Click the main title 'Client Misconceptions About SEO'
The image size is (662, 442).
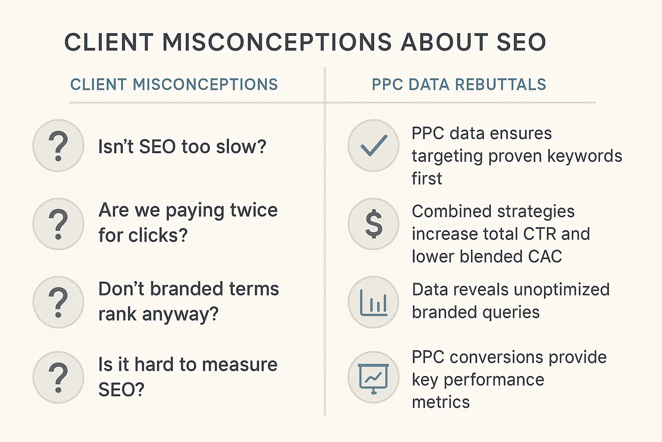[305, 42]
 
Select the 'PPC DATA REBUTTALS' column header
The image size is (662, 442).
[459, 85]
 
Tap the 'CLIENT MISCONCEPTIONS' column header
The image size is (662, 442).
[174, 85]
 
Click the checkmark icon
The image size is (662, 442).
[373, 145]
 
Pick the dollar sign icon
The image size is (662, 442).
[373, 224]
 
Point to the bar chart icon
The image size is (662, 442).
[373, 302]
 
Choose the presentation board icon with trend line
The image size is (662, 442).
[373, 377]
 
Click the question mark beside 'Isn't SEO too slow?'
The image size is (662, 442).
[58, 145]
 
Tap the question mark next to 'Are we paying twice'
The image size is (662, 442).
[58, 224]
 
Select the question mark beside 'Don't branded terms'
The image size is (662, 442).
[58, 302]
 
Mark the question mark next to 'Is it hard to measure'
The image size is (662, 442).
[58, 377]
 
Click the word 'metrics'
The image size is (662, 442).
[440, 402]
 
